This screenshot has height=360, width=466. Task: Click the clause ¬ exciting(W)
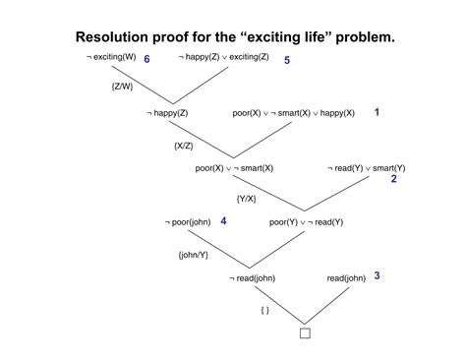point(111,59)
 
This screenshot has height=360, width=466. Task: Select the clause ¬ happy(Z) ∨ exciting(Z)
point(225,59)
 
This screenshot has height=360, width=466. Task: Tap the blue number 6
point(146,60)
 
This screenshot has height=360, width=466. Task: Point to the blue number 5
point(286,61)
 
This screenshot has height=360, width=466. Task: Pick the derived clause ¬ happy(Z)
point(174,113)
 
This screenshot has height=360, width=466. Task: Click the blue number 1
point(377,113)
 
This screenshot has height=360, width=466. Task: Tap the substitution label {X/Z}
point(184,146)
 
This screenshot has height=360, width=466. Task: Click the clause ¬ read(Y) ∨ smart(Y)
point(366,168)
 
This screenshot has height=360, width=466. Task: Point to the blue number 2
point(393,179)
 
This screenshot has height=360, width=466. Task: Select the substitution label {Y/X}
point(247,199)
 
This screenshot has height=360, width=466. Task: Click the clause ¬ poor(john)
point(190,222)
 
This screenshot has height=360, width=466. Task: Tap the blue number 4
point(224,221)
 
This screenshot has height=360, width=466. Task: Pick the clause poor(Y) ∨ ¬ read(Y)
point(306,222)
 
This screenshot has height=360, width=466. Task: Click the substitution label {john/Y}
point(193,254)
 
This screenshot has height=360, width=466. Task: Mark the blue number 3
point(377,275)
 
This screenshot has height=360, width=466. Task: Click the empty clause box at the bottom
point(305,332)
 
